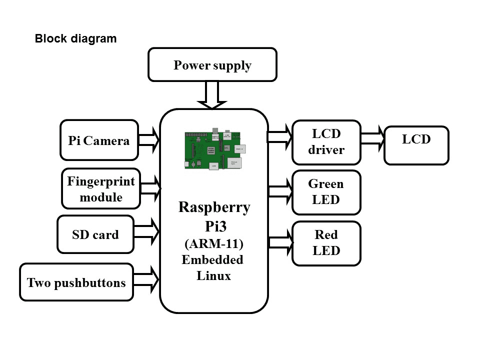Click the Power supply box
point(212,64)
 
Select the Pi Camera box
point(99,140)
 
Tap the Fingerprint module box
point(101,188)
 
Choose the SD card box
point(95,234)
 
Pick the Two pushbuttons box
point(76,282)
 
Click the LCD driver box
point(326,142)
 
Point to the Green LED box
point(326,192)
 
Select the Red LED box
point(326,243)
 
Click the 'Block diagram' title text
point(75,38)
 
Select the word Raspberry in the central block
point(214,207)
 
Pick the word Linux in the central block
point(213,275)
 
